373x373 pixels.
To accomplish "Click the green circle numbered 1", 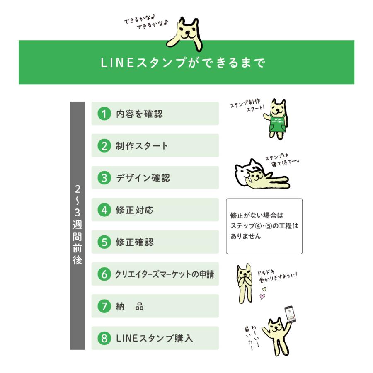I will point(104,114).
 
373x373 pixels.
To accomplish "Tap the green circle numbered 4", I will point(104,210).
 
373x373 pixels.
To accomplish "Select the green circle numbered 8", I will point(104,338).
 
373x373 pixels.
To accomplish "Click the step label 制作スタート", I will point(142,146).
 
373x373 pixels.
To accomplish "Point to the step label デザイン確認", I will point(143,178).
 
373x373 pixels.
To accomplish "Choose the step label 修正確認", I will point(134,242).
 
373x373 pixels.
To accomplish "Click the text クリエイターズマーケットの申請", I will point(165,274).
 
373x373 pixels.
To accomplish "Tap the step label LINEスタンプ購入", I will point(154,338).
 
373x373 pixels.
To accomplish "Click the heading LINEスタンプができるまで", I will point(183,63).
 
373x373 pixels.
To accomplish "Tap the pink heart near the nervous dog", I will point(262,296).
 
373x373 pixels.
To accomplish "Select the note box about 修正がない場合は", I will point(264,226).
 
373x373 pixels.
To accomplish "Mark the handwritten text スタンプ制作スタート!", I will point(247,106).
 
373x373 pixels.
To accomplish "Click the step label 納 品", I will point(130,306).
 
